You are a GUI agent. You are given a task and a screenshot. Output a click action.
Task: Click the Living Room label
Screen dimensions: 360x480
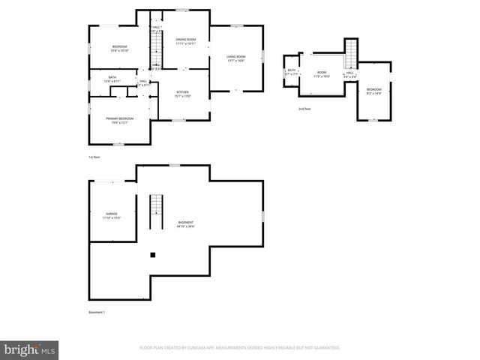(x=236, y=58)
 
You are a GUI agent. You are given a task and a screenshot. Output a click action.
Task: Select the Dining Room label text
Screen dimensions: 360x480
(x=185, y=41)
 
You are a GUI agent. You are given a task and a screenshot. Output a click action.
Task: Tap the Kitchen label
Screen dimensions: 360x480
(x=182, y=93)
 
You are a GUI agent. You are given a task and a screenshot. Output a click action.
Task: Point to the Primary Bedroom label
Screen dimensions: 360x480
(x=120, y=120)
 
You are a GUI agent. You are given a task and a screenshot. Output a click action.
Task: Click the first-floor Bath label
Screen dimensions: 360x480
(x=112, y=79)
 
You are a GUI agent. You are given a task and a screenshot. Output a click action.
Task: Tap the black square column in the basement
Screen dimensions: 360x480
(x=152, y=255)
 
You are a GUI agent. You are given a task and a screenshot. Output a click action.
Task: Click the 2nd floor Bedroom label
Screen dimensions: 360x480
(x=373, y=91)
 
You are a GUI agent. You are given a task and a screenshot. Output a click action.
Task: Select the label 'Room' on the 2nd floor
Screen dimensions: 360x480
(x=322, y=74)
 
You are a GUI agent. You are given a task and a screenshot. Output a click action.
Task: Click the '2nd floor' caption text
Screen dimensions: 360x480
(x=304, y=109)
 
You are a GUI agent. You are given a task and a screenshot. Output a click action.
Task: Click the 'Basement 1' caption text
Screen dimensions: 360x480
(x=96, y=312)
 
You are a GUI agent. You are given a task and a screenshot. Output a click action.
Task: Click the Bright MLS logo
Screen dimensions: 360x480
(x=30, y=349)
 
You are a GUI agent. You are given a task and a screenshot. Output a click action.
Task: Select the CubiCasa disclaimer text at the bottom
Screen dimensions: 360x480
(x=240, y=348)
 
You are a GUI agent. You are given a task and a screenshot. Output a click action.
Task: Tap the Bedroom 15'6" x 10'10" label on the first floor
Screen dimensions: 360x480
(x=119, y=49)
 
